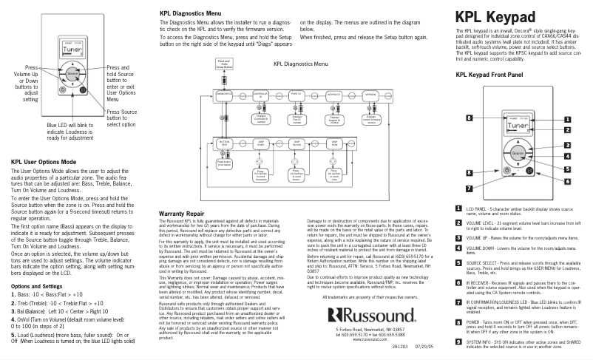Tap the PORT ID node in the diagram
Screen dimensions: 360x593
296,95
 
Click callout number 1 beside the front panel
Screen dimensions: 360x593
567,118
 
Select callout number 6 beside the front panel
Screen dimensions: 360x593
567,169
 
